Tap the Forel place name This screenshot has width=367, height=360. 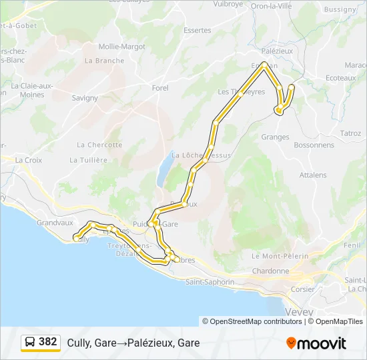coord(160,88)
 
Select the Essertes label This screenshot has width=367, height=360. coord(197,30)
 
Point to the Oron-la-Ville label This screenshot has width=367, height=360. coord(270,5)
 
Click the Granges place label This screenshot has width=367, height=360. coord(276,137)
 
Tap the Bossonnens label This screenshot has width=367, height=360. coord(314,145)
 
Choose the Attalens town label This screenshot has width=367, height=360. coord(313,175)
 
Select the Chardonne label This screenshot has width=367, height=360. coord(271,271)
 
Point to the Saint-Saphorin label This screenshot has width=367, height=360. coord(210,282)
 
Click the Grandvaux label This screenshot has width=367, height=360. coord(55,223)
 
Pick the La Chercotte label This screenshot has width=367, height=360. coord(99,145)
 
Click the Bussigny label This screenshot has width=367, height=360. coord(340,9)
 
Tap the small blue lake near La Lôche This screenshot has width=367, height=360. coord(163,173)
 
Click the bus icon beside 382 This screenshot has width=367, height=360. coord(30,343)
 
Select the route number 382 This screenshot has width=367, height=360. coord(48,342)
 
